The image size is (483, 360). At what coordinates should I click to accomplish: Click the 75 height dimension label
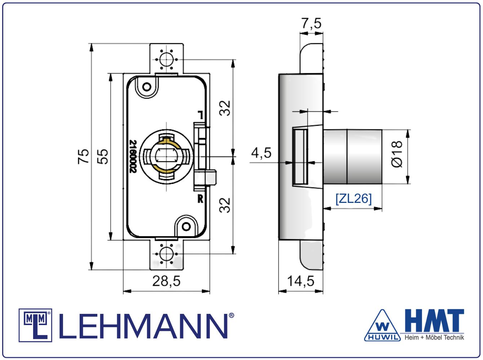[x=83, y=156]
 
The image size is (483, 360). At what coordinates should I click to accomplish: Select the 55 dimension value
[x=102, y=156]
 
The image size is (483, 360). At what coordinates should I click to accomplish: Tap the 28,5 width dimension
[x=167, y=281]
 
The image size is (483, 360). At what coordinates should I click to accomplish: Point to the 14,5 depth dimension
[x=301, y=281]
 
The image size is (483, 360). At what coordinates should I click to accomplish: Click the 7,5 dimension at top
[x=311, y=23]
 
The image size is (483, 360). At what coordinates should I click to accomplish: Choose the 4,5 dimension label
[x=261, y=153]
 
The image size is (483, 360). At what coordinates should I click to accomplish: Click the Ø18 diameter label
[x=397, y=154]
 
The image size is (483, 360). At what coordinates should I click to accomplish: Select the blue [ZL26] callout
[x=354, y=199]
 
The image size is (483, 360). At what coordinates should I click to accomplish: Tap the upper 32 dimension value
[x=225, y=108]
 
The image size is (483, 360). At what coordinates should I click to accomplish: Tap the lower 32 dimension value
[x=225, y=205]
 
